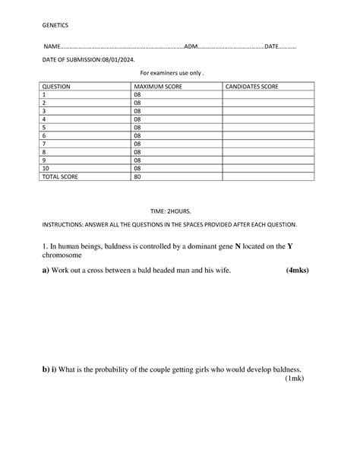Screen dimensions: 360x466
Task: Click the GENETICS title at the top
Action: coord(55,25)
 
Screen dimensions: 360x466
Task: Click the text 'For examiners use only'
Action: coord(172,73)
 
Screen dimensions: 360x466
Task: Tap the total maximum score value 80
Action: coord(137,176)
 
